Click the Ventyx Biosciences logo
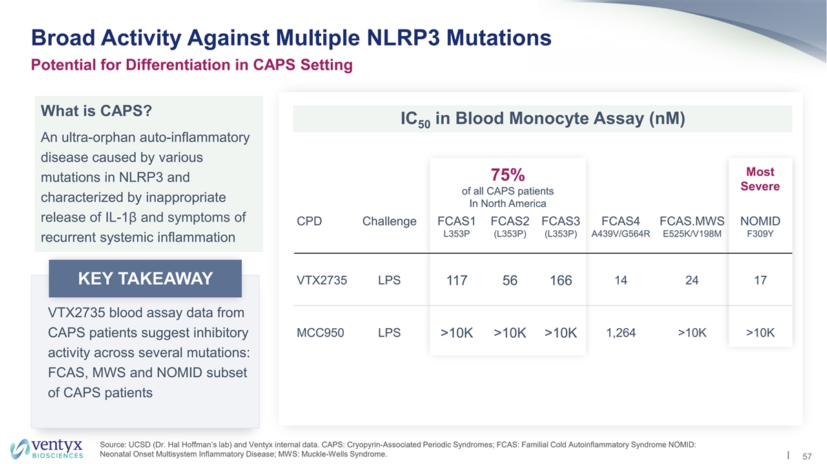[x=47, y=447]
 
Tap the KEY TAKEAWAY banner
[x=145, y=279]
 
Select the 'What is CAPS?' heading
[x=96, y=112]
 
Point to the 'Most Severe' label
[x=760, y=179]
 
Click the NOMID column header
[x=760, y=221]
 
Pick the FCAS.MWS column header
[x=691, y=221]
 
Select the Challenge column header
[x=389, y=221]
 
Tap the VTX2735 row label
[x=323, y=281]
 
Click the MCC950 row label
[x=320, y=333]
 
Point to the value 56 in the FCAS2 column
[x=510, y=281]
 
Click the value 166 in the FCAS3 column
[x=561, y=281]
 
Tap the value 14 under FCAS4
[x=620, y=281]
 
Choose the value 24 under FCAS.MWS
[x=691, y=281]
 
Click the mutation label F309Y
[x=760, y=234]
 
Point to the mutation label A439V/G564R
[x=620, y=234]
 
